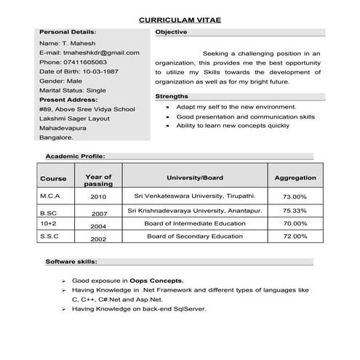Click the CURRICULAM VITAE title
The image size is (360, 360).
pos(180,20)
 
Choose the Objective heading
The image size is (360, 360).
pos(172,33)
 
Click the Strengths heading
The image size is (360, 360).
pos(172,97)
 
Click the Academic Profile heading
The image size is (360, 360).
pos(75,156)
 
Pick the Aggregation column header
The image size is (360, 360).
pos(295,177)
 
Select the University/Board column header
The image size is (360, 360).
pos(194,177)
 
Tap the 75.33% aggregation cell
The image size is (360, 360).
pos(295,211)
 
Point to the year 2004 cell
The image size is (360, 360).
pos(98,226)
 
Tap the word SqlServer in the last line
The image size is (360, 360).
pos(188,308)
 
